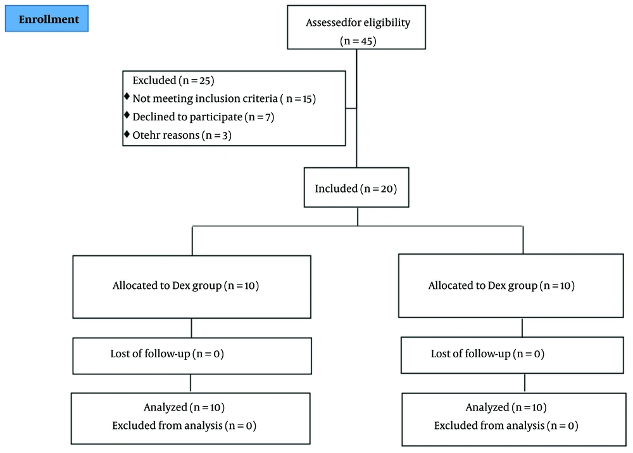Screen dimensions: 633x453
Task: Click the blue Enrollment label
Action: [x=47, y=18]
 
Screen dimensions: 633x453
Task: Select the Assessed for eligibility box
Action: [x=356, y=27]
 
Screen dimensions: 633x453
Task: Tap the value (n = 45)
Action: [x=358, y=41]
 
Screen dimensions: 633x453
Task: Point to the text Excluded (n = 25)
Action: [x=173, y=80]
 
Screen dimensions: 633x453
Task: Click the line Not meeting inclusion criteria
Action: [x=224, y=99]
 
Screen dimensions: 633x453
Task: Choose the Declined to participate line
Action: [x=203, y=117]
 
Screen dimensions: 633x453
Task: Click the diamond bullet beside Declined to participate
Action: [x=127, y=115]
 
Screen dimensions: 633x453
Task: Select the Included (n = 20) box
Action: [x=356, y=188]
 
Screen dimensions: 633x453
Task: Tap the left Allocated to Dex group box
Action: [x=192, y=287]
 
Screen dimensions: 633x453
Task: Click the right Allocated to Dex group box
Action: [x=511, y=286]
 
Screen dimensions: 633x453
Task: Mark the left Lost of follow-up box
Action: [x=192, y=356]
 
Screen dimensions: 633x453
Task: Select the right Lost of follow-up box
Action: [x=512, y=355]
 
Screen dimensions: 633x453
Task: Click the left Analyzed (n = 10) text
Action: [x=184, y=407]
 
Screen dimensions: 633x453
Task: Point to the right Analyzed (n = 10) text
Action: [x=506, y=407]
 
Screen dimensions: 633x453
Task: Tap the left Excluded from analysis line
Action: [x=184, y=426]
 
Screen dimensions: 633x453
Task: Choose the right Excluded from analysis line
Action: [x=506, y=426]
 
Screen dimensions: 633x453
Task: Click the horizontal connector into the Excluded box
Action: [x=351, y=108]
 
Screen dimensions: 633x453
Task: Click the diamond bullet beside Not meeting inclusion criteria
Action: [x=127, y=96]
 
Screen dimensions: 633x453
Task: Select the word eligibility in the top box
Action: [x=387, y=23]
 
